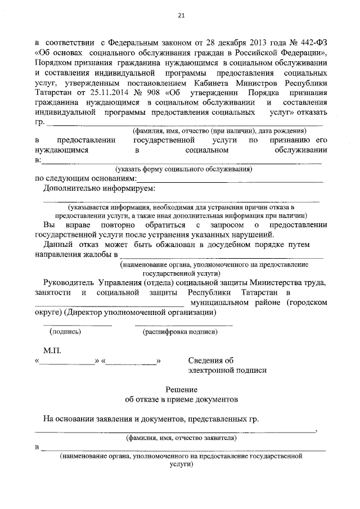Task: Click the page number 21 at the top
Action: pos(181,16)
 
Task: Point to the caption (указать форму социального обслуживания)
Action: pos(183,169)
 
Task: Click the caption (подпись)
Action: pos(65,332)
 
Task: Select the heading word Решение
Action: pos(181,389)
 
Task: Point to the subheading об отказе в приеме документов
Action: pos(181,399)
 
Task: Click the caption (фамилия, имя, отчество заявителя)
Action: pos(181,437)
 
